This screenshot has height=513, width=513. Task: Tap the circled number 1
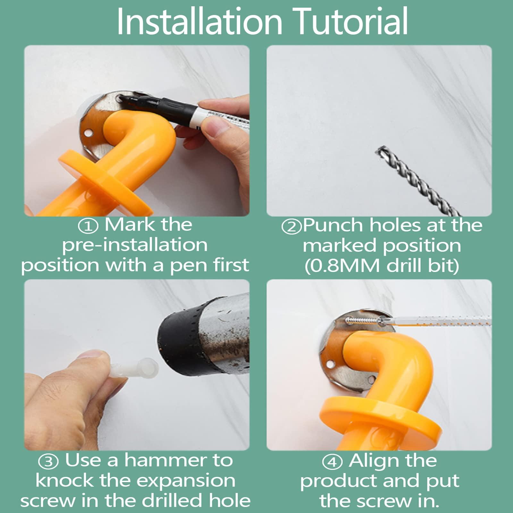(88, 226)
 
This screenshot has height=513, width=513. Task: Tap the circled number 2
(292, 226)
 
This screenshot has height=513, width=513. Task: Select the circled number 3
(48, 461)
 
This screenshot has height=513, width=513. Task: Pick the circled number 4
(332, 462)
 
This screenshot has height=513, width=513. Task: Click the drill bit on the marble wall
(419, 181)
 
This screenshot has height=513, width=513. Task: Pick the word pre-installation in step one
(135, 246)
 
